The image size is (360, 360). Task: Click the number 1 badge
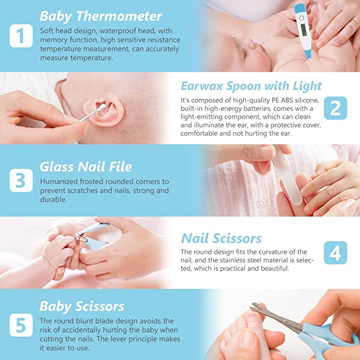21,36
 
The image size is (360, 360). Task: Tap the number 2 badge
336,108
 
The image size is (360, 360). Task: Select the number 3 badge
21,180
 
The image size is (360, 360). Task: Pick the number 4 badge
336,252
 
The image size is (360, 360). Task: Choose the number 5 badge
21,325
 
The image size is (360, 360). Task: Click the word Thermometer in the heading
119,16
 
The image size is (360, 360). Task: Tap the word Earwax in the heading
202,86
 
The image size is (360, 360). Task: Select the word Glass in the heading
57,166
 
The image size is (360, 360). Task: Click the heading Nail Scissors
221,238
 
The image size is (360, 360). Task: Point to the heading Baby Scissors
82,306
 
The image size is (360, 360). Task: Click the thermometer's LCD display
303,30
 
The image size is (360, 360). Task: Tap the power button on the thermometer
302,17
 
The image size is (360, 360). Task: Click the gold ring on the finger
354,23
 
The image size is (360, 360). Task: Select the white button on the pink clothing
260,204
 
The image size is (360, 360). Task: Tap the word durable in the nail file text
54,199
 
